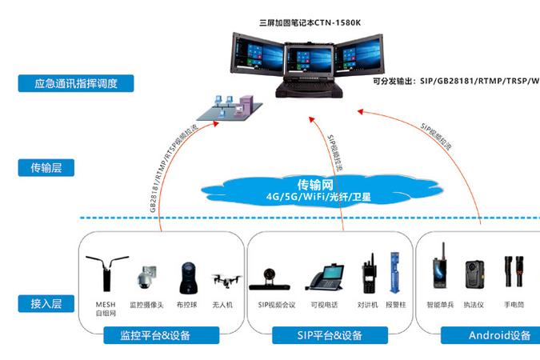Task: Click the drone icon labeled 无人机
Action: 226,281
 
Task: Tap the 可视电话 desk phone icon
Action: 324,277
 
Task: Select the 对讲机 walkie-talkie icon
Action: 369,274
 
